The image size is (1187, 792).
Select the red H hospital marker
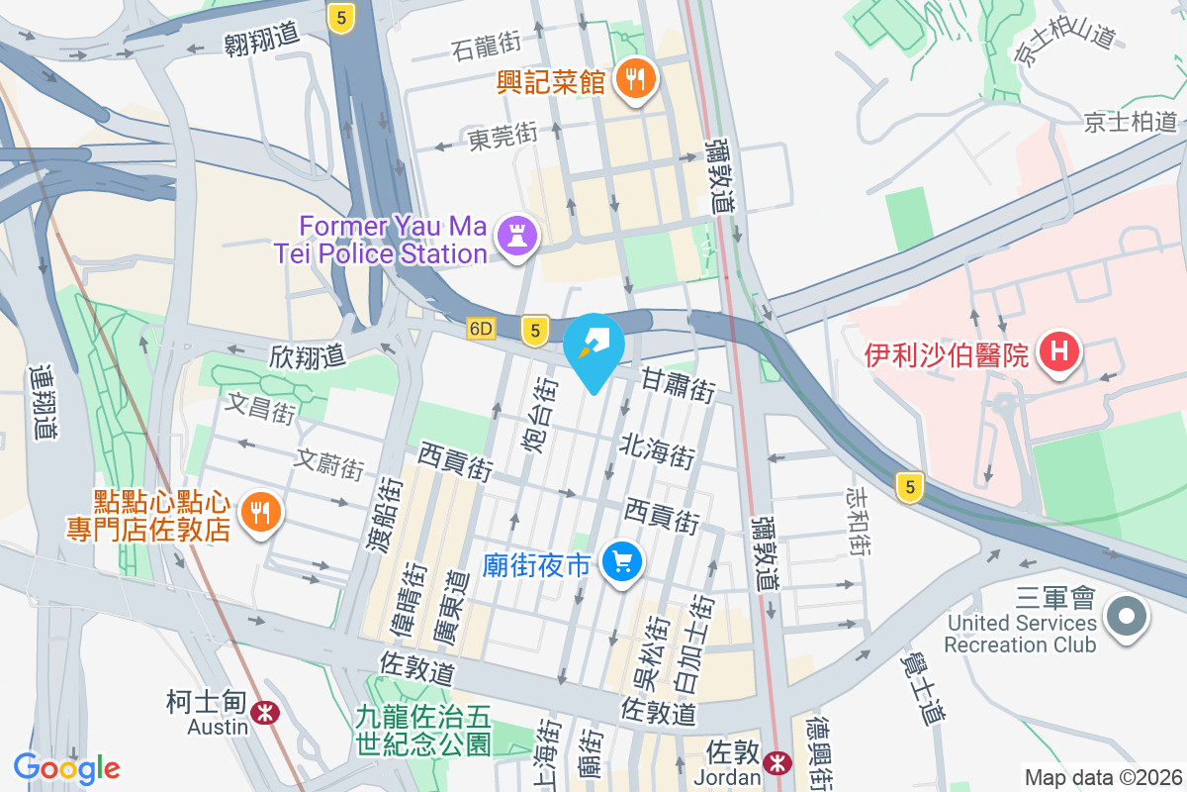coord(1059,352)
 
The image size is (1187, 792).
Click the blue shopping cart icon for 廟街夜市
coord(622,564)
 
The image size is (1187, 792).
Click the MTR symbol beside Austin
coord(264,713)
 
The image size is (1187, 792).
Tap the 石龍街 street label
coord(486,45)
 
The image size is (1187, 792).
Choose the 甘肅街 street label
coord(678,384)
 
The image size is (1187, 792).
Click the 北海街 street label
coord(658,450)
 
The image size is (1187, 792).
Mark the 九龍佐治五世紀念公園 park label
coord(424,728)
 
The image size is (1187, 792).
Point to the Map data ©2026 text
coord(1103,778)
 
